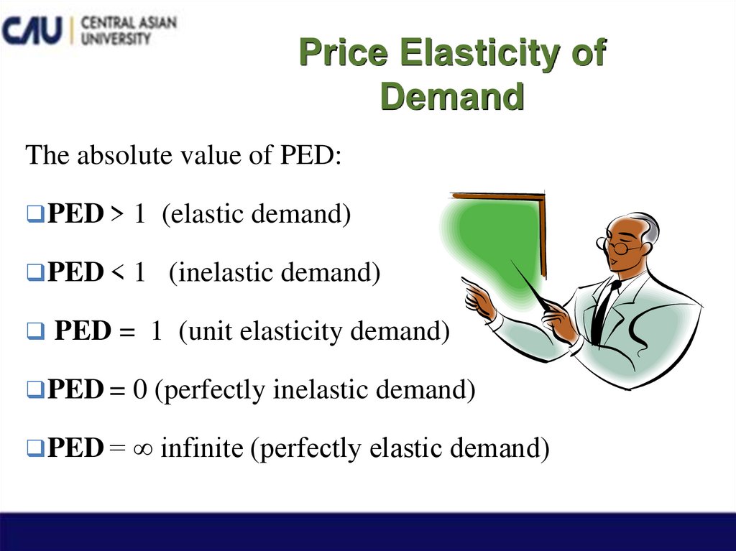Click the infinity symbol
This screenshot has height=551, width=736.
click(144, 449)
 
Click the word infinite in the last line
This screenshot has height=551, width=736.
click(202, 448)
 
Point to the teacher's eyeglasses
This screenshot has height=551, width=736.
click(620, 246)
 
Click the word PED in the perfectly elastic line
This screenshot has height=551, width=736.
click(75, 448)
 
